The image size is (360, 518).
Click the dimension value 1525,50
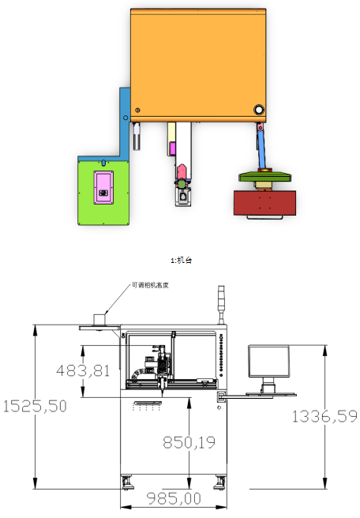(x=35, y=406)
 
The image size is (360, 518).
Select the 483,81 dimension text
(x=83, y=370)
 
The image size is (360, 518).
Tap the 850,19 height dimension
(x=189, y=442)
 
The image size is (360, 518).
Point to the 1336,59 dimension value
(x=324, y=416)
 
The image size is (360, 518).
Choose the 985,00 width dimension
(x=174, y=498)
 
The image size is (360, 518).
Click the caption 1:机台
(x=182, y=261)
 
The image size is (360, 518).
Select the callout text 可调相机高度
(x=150, y=285)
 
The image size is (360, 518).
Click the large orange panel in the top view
(x=198, y=65)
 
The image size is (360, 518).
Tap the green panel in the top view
(x=103, y=191)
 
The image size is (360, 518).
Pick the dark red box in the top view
(x=264, y=202)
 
